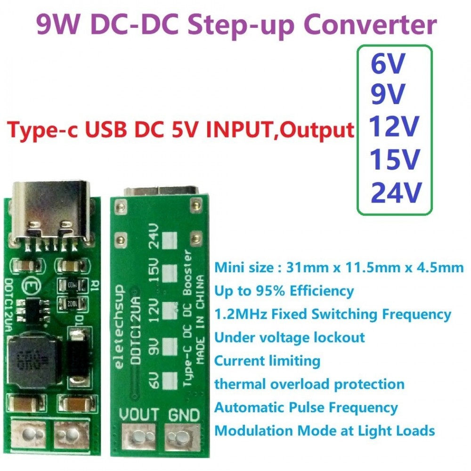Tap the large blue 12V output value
(394, 127)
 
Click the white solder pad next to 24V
(169, 241)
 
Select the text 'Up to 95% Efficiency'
(284, 291)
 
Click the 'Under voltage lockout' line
(289, 337)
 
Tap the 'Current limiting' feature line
(267, 361)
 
